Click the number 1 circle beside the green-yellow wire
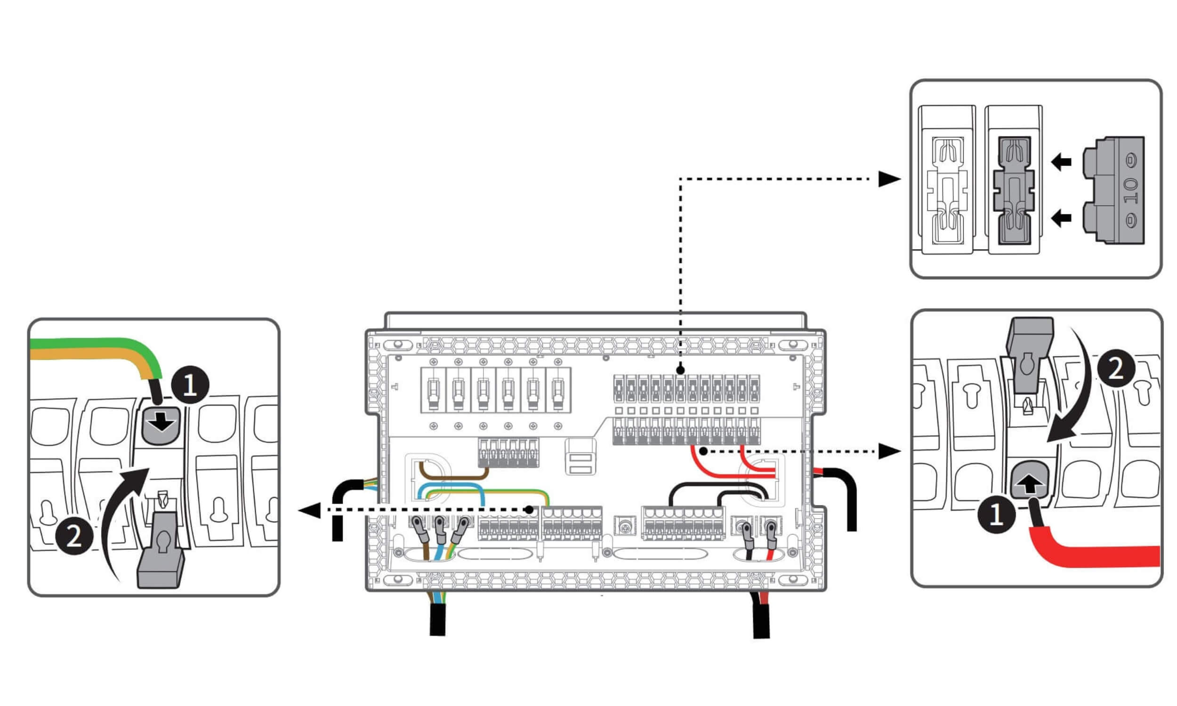(190, 385)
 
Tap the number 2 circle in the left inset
(74, 537)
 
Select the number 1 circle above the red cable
(996, 514)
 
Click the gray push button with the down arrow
(162, 425)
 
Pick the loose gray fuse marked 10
(1113, 190)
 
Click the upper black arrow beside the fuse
(1060, 162)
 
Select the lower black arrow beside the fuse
(1060, 218)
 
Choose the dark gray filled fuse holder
(1014, 190)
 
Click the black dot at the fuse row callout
(680, 369)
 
